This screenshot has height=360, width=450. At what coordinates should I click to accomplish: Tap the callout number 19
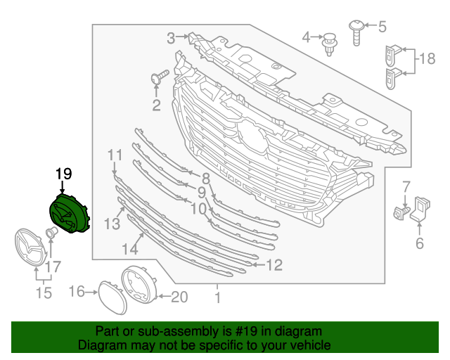pos(63,173)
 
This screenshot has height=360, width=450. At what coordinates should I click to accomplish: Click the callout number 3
pos(171,37)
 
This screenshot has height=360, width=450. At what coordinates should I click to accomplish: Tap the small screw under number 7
pos(402,211)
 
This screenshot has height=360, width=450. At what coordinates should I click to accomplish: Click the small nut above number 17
pos(51,233)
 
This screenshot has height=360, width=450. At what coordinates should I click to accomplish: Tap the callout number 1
pos(217,298)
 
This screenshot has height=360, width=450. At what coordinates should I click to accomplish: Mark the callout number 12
pos(274,265)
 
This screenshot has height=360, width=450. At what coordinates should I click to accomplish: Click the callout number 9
pos(201,191)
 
